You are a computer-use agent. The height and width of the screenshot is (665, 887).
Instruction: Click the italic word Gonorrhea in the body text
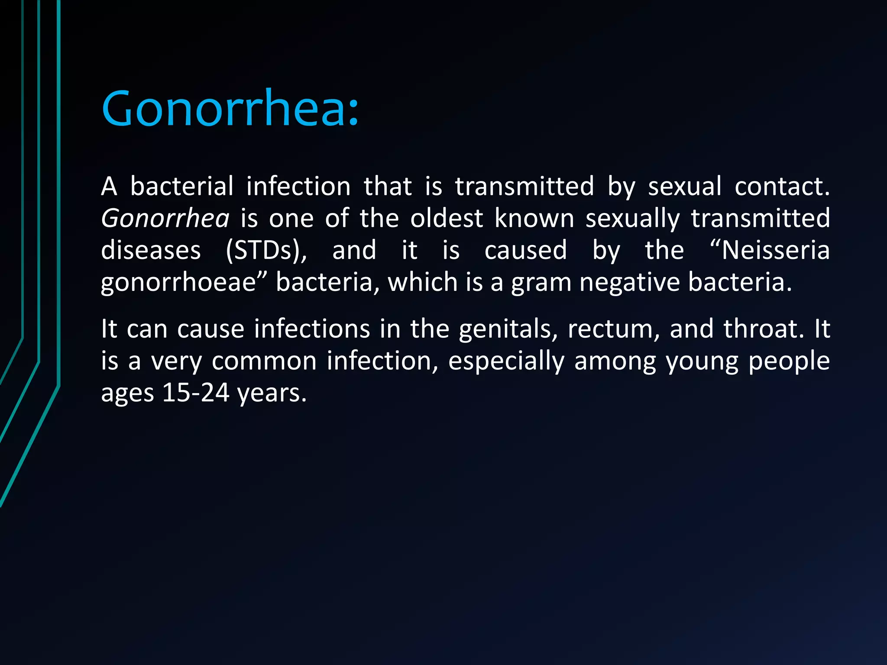165,218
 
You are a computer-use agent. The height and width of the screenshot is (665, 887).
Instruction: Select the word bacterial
182,186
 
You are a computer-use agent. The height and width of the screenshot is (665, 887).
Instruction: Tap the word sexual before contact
685,186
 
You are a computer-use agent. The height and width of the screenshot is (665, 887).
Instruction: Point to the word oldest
447,218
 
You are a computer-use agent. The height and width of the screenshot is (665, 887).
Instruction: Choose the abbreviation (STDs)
266,250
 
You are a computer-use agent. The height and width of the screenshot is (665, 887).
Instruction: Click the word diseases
151,250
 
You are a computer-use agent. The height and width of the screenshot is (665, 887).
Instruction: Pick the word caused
525,250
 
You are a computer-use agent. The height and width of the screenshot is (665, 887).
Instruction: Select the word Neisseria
775,250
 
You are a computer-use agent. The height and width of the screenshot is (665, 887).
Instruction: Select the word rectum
613,329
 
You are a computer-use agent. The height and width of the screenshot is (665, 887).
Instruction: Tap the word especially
506,362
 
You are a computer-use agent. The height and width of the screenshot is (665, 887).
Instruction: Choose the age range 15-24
195,393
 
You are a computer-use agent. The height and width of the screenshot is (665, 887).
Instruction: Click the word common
264,361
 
